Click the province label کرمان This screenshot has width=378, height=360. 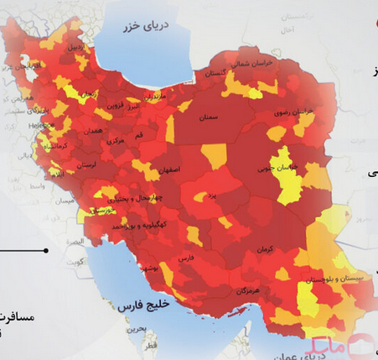[x=265, y=250]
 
